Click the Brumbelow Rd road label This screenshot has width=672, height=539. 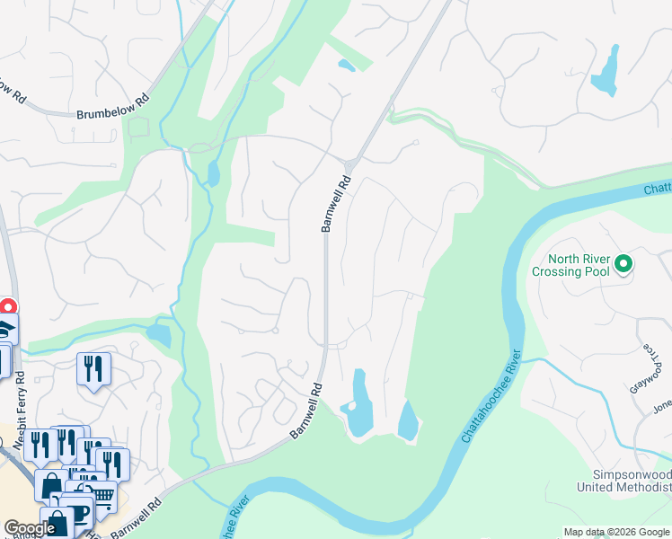click(x=111, y=107)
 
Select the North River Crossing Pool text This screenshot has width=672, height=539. click(x=570, y=265)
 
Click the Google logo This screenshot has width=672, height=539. click(x=30, y=528)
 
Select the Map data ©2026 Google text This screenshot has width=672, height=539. click(x=616, y=532)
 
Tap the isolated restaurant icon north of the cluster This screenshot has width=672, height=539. click(x=93, y=368)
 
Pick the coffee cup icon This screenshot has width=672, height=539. click(x=79, y=513)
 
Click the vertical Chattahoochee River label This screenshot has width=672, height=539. click(x=490, y=395)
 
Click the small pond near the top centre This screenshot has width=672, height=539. click(x=345, y=65)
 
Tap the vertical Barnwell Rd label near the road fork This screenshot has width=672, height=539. click(x=335, y=204)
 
